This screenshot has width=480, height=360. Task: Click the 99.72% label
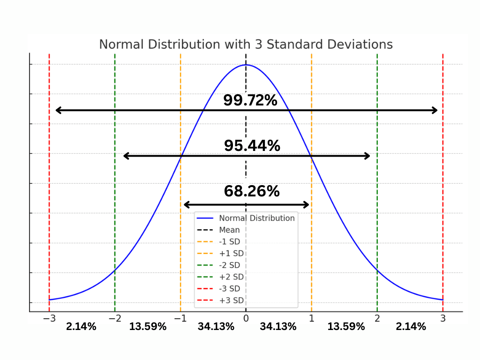(x=250, y=100)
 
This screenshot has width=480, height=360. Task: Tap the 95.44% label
(x=252, y=146)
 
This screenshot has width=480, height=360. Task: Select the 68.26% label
(x=252, y=191)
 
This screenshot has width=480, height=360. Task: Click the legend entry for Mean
(x=229, y=230)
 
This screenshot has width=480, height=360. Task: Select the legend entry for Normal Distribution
(x=256, y=218)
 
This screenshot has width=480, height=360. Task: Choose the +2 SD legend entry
(x=231, y=277)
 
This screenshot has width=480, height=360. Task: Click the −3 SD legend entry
(x=230, y=289)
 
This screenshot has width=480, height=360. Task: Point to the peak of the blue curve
(x=246, y=65)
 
